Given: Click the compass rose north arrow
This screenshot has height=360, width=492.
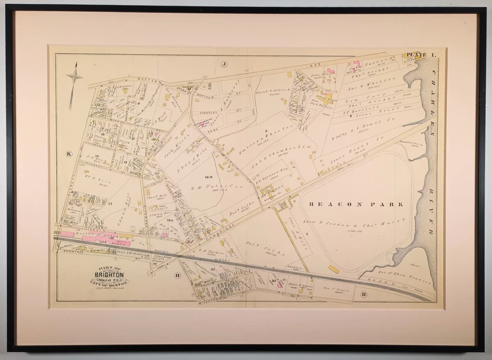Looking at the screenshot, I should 75,75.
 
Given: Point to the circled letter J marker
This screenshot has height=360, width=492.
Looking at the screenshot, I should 223,64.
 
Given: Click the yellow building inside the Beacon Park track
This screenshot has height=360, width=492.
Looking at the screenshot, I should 334,269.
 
